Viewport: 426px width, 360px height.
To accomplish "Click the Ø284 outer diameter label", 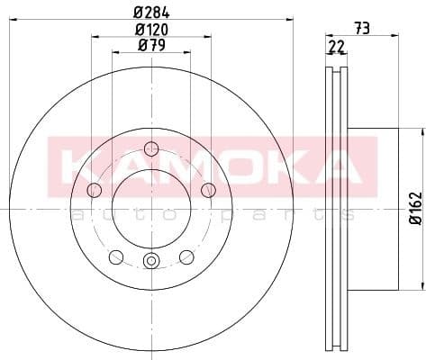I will (150, 11).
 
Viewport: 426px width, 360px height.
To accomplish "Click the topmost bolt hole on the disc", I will (151, 148).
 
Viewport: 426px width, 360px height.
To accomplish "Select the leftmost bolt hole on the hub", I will (94, 190).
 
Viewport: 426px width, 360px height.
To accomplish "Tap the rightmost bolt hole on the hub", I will (208, 189).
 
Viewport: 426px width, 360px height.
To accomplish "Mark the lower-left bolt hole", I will (115, 256).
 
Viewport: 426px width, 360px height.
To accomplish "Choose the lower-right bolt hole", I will (186, 256).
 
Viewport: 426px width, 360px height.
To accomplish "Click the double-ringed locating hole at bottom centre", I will (151, 262).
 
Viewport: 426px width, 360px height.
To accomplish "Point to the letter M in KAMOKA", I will (173, 166).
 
